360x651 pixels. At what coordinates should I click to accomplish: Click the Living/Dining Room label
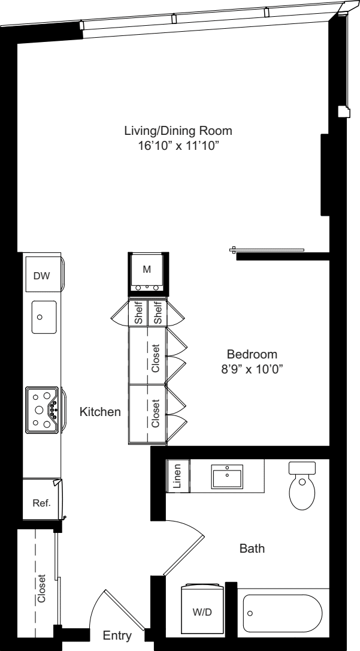(x=179, y=131)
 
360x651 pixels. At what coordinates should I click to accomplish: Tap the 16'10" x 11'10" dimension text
(x=179, y=146)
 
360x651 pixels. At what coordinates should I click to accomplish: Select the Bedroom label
(x=252, y=354)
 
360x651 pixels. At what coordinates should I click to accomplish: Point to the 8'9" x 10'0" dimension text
(x=252, y=369)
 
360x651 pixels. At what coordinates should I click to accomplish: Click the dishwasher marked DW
(x=41, y=275)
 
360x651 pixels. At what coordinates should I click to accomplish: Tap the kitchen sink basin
(x=44, y=317)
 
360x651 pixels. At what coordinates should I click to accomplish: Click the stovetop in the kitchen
(x=43, y=410)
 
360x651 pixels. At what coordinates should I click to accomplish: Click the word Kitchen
(x=101, y=412)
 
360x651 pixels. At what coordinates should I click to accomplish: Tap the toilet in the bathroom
(x=302, y=486)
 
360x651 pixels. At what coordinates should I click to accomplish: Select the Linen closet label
(x=177, y=476)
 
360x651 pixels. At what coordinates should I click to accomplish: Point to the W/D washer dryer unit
(x=203, y=610)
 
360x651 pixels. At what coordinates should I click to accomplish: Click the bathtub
(x=283, y=613)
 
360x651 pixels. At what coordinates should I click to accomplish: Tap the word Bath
(x=252, y=549)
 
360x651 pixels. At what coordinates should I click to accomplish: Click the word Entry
(x=117, y=635)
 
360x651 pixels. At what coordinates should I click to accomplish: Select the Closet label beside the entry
(x=41, y=588)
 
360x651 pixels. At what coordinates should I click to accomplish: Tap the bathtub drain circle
(x=250, y=613)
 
